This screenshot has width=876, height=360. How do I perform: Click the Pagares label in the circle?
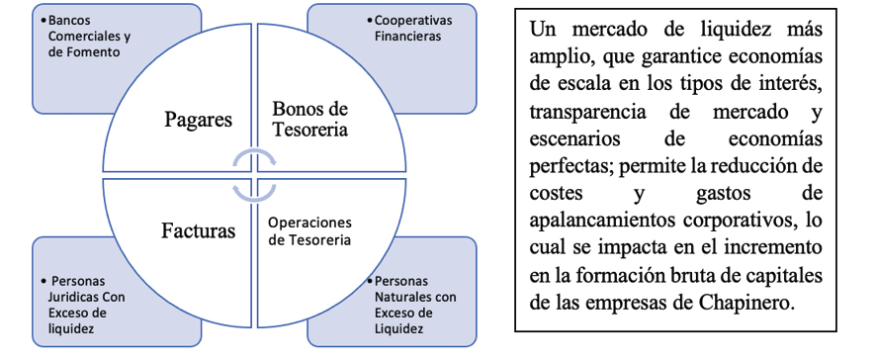coord(199,120)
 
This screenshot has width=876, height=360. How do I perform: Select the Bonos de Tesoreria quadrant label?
coord(309,119)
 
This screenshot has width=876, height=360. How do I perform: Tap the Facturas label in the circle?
coord(199,230)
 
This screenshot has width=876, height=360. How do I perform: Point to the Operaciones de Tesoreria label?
coord(310,231)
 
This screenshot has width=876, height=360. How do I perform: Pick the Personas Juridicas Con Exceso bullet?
coord(83,305)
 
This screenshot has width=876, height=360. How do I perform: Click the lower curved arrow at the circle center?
coord(254,193)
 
